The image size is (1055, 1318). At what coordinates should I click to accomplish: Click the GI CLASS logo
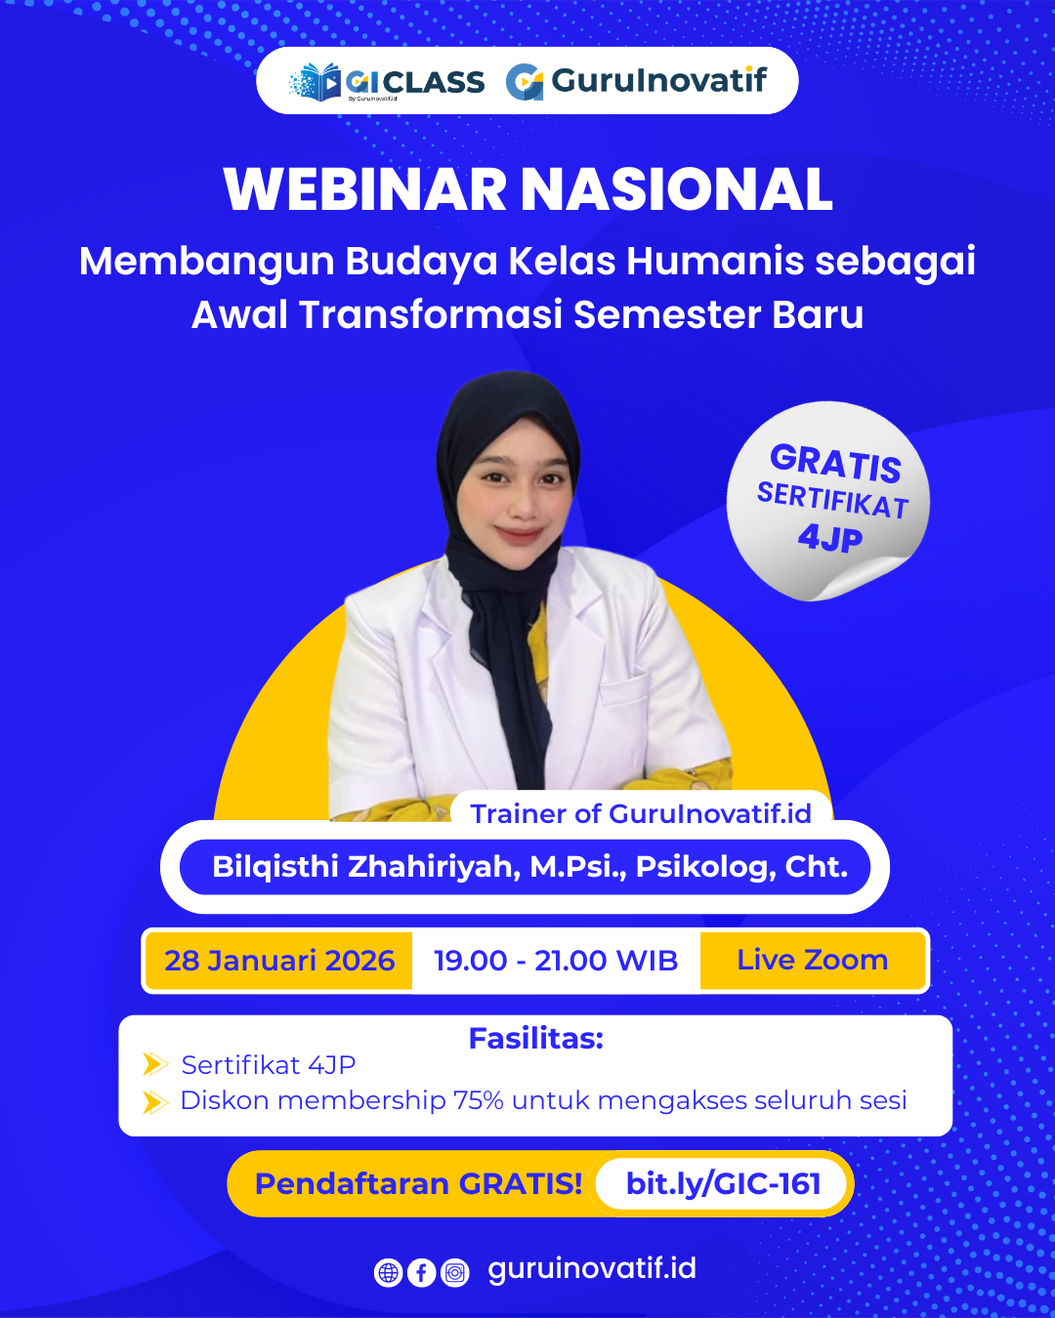[x=387, y=82]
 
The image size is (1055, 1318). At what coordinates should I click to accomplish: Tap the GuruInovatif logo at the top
[x=637, y=81]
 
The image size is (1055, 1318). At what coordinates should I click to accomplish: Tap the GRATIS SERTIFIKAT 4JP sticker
[x=828, y=500]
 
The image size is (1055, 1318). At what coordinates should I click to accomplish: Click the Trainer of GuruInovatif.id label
[x=641, y=813]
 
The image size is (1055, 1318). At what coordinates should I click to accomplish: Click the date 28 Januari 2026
[x=279, y=961]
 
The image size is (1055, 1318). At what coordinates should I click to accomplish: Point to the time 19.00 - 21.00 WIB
[x=555, y=961]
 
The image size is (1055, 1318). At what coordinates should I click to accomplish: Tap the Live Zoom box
[x=812, y=961]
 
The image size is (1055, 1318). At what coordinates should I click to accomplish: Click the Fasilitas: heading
[x=535, y=1039]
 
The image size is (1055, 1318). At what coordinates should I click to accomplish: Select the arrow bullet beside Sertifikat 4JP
[x=155, y=1064]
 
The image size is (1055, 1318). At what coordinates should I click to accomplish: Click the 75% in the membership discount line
[x=479, y=1100]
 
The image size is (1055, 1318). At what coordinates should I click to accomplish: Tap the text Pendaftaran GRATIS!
[x=418, y=1184]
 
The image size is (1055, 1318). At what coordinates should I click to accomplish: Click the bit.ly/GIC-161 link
[x=723, y=1184]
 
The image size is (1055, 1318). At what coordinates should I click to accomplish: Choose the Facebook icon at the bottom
[x=421, y=1273]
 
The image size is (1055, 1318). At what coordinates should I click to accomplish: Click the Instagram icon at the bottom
[x=455, y=1273]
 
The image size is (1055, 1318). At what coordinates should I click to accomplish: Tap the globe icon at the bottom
[x=388, y=1273]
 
